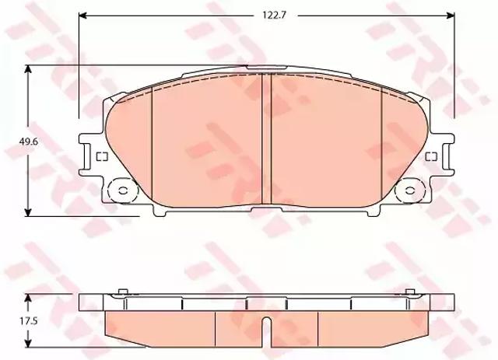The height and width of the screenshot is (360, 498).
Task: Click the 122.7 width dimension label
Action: (275, 16)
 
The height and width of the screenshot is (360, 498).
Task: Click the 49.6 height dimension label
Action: (28, 142)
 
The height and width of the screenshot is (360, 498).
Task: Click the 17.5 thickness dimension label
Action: (28, 321)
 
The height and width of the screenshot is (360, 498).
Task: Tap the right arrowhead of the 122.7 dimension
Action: (451, 16)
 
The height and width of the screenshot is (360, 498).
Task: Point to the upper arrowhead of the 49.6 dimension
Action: (28, 69)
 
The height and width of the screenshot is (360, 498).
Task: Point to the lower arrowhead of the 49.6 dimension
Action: (28, 212)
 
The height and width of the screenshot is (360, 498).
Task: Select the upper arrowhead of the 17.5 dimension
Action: (28, 298)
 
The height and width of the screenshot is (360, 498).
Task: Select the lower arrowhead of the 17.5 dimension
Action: (28, 343)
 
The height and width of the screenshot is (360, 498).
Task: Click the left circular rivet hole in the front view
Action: (123, 190)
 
